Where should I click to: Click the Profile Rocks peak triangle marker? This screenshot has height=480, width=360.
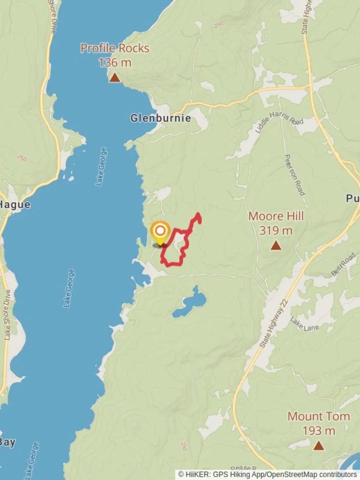[x=115, y=78]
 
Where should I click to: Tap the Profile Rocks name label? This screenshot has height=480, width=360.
[x=115, y=48]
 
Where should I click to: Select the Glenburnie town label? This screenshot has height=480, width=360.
[x=160, y=118]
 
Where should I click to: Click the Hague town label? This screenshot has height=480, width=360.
[x=15, y=205]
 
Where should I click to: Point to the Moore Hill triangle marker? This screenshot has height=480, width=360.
[x=276, y=245]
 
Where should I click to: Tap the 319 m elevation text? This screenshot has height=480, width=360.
[x=276, y=231]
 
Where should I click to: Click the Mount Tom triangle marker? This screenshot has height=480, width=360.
[x=318, y=445]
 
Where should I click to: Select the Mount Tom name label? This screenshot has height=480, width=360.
[x=318, y=416]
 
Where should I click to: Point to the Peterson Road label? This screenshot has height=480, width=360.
[x=294, y=174]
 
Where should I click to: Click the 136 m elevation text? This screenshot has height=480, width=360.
[x=115, y=63]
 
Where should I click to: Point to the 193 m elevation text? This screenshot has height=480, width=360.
[x=318, y=431]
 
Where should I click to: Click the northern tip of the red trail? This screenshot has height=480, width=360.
[x=198, y=215]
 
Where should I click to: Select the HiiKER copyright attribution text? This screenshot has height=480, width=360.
[x=268, y=475]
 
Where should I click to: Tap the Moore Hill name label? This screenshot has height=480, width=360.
[x=276, y=216]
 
